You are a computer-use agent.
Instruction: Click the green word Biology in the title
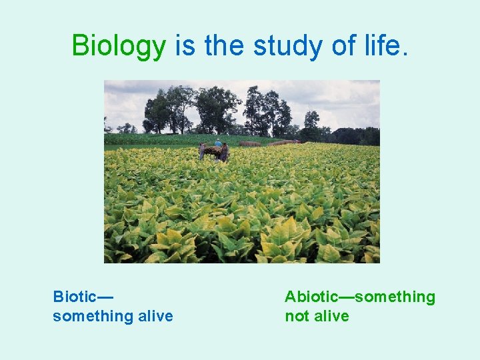click(x=119, y=46)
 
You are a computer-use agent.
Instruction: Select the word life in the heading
click(x=379, y=45)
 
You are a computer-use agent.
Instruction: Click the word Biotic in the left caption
click(x=75, y=297)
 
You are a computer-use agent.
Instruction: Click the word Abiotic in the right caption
click(x=311, y=297)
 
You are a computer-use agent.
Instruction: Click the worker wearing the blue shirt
click(x=218, y=144)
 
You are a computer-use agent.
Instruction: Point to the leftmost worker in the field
click(x=202, y=152)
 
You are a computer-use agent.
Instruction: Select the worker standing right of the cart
click(x=225, y=152)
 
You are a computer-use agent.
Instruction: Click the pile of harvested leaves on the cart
click(x=213, y=151)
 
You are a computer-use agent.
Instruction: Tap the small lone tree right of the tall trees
click(x=311, y=124)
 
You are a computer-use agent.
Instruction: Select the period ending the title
click(x=405, y=53)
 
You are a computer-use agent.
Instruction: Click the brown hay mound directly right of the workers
click(x=250, y=143)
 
